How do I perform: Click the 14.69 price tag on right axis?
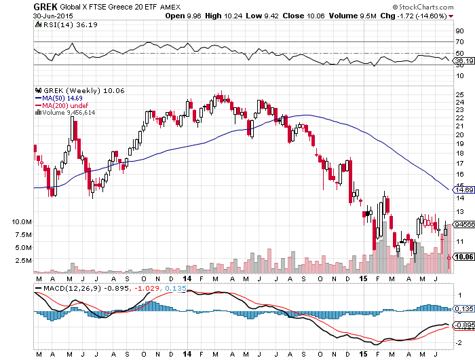click(x=463, y=190)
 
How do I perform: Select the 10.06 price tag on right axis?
click(x=463, y=257)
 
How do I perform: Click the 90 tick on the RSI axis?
click(x=459, y=31)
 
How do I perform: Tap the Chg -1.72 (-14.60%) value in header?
click(x=440, y=7)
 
